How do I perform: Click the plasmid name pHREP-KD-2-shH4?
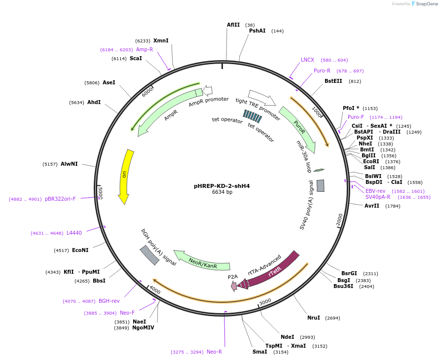221,186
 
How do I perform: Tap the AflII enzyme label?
233,25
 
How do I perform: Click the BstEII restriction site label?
333,81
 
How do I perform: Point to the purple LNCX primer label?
307,60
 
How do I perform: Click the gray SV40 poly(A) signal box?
321,185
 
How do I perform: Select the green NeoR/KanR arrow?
202,260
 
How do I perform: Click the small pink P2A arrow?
234,286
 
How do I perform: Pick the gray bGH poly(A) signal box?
149,255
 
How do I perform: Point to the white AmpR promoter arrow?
208,90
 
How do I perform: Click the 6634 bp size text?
222,192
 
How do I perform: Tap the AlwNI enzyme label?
69,164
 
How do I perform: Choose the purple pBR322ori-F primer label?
61,199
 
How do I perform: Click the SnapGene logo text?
427,3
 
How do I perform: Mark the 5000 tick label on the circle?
100,192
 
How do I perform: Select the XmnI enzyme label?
161,40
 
